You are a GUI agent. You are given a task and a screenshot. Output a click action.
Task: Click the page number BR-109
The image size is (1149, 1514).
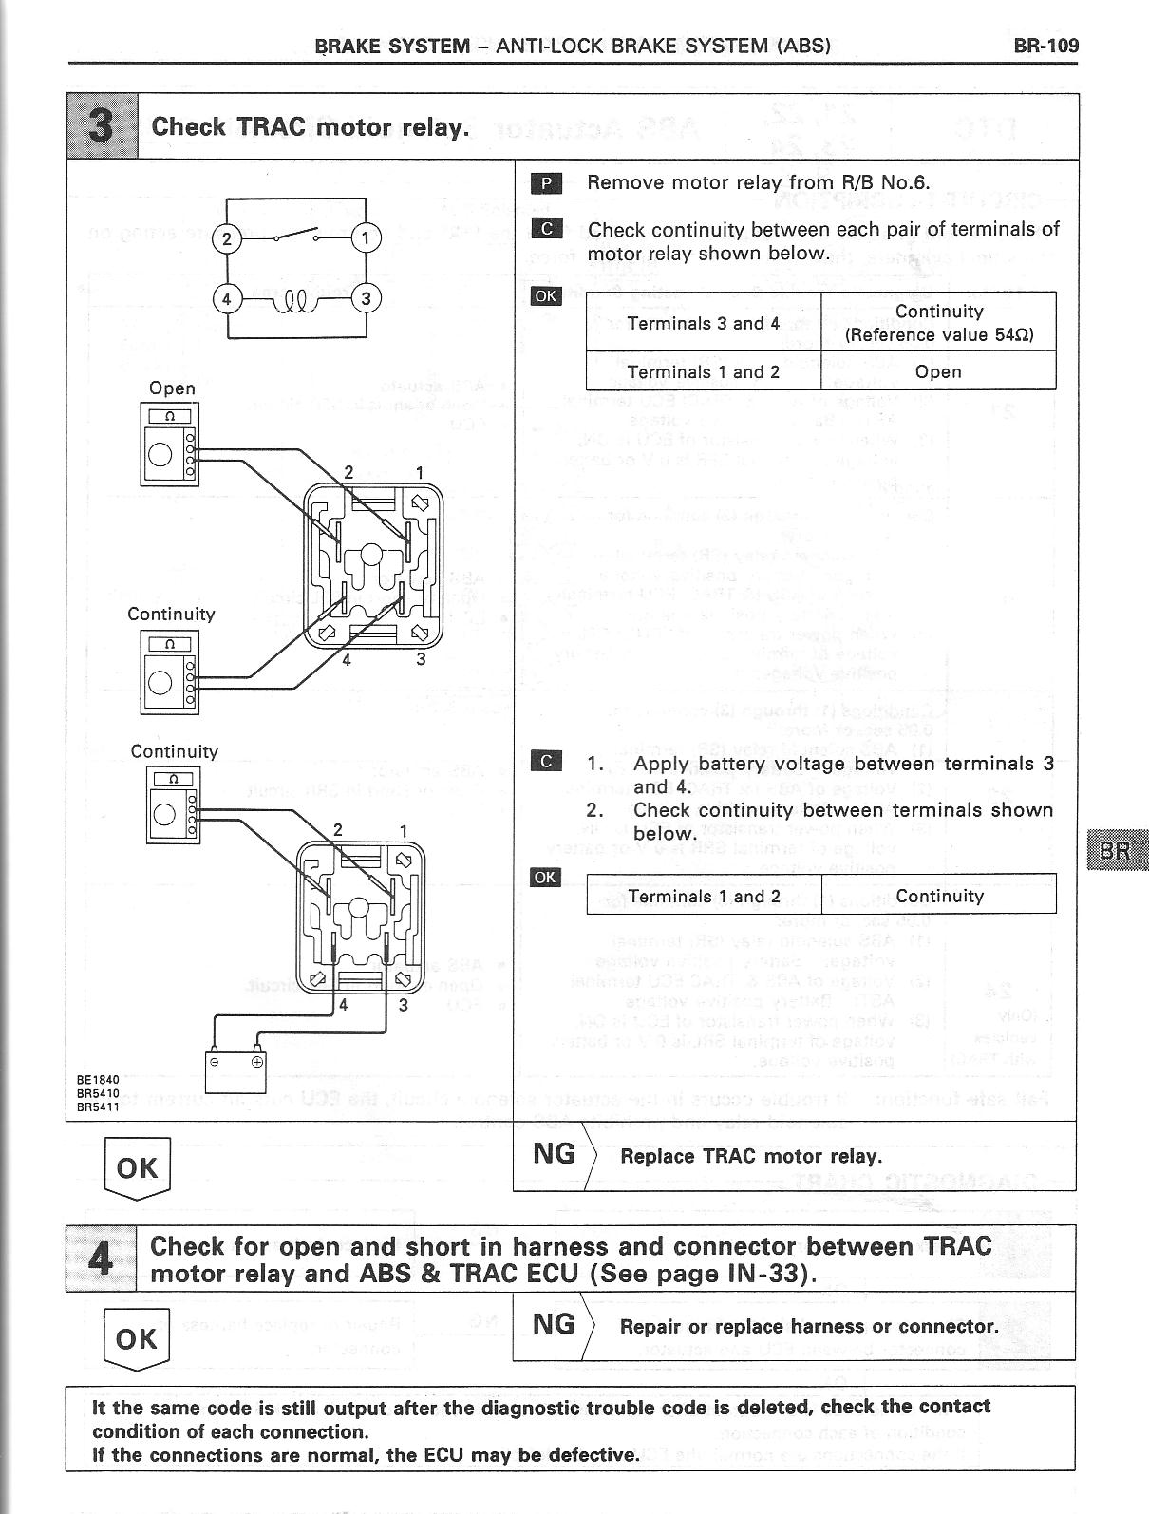tap(1045, 45)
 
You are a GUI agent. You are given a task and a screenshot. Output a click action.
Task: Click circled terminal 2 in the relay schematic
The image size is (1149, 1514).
tap(226, 238)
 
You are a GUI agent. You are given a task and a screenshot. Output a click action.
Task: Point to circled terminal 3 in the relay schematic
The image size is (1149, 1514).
tap(366, 298)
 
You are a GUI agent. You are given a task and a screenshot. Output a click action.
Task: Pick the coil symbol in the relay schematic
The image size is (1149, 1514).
tap(296, 303)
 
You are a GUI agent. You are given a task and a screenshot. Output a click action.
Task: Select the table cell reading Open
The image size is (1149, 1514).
tap(938, 371)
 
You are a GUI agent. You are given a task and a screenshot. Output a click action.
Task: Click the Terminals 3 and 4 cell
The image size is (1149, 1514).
tap(703, 323)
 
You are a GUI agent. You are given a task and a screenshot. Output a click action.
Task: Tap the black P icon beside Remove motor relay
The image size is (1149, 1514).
tap(548, 182)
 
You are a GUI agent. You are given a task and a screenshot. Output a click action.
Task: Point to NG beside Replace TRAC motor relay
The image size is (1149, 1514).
tap(555, 1153)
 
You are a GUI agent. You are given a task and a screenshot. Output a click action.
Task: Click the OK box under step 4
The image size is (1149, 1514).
tap(137, 1339)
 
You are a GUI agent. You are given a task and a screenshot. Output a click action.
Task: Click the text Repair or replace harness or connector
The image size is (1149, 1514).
tap(808, 1326)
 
